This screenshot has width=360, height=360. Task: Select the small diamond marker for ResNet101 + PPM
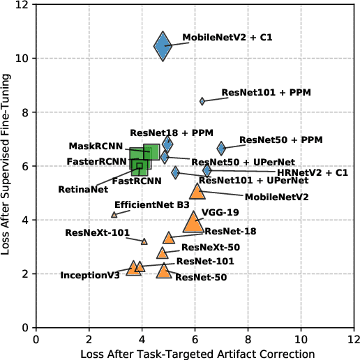coord(202,101)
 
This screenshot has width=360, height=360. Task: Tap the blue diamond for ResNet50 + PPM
coord(221,148)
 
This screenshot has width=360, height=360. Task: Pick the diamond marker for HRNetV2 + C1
coord(207,170)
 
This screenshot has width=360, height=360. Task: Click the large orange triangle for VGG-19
coord(193,223)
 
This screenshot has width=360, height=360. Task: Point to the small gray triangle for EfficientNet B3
coord(114,215)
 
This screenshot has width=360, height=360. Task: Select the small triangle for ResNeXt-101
coord(144,241)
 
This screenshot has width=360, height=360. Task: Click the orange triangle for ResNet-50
coord(164,271)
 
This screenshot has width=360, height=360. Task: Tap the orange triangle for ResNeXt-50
coord(163,253)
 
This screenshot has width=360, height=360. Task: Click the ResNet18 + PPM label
coord(162,132)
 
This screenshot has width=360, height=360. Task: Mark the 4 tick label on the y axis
coord(25,220)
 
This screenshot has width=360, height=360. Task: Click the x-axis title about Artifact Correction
coord(197,354)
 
